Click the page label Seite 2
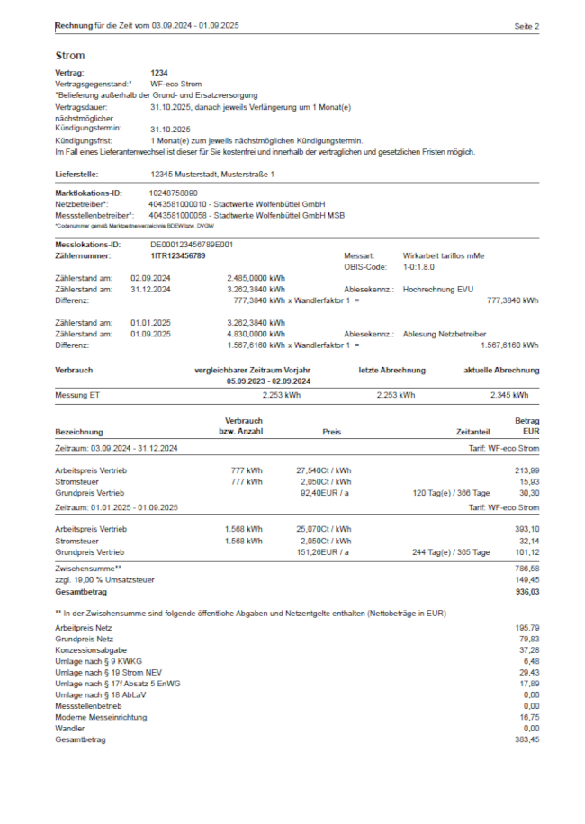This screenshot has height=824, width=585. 526,27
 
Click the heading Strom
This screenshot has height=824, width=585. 69,55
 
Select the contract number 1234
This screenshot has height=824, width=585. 159,72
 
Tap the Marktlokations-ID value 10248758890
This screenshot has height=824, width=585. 174,193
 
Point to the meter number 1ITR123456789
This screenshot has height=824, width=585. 177,256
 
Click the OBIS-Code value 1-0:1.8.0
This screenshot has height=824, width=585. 422,267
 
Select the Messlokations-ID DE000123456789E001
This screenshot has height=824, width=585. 192,244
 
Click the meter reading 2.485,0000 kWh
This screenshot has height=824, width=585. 256,278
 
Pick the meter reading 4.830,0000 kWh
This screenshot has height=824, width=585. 256,333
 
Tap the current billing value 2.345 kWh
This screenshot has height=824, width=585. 509,394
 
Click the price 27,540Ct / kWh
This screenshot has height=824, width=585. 323,470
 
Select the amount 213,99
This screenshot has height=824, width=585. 526,470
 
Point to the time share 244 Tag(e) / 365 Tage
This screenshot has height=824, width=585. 451,551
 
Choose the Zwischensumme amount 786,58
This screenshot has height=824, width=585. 526,569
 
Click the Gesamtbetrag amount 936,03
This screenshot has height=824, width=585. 526,592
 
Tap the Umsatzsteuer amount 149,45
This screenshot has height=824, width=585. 526,580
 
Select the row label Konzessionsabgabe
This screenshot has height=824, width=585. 85,649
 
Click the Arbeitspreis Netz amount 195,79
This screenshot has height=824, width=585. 526,626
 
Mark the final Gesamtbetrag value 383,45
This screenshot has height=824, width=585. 526,739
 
